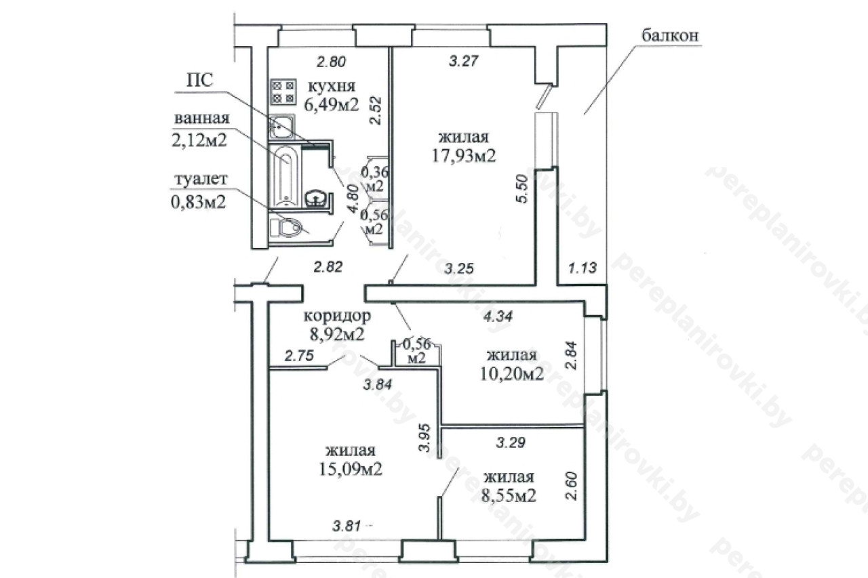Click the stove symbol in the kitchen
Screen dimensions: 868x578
283,91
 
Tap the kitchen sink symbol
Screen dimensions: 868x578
281,127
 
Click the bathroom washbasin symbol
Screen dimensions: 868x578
317,199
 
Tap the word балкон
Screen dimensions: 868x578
670,35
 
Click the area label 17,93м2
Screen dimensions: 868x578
464,155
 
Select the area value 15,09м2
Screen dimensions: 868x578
351,469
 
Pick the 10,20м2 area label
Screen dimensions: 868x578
511,373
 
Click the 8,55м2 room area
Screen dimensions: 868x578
509,495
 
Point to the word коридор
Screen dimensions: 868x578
337,316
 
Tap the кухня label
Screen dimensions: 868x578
332,86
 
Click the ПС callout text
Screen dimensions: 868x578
200,81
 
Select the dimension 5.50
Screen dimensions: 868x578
522,189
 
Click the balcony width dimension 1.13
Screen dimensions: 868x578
583,268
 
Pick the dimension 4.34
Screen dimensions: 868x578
498,316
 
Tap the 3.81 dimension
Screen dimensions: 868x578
347,526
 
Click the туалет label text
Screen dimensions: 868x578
201,179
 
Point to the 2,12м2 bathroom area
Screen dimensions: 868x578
199,140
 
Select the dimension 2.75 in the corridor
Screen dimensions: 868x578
299,355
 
